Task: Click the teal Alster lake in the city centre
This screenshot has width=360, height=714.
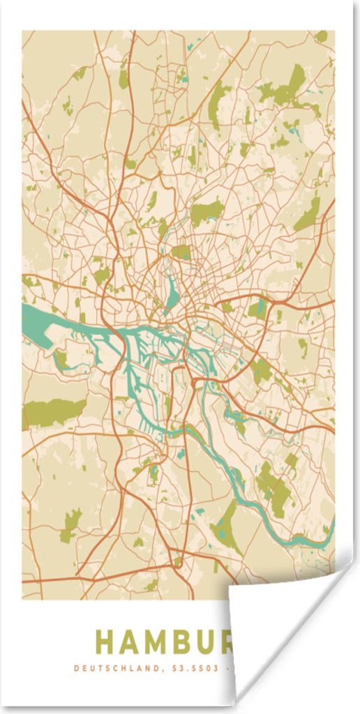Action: point(172,294)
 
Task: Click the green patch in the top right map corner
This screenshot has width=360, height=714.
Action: point(322,36)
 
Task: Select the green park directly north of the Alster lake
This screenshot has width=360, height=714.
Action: point(181,252)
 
